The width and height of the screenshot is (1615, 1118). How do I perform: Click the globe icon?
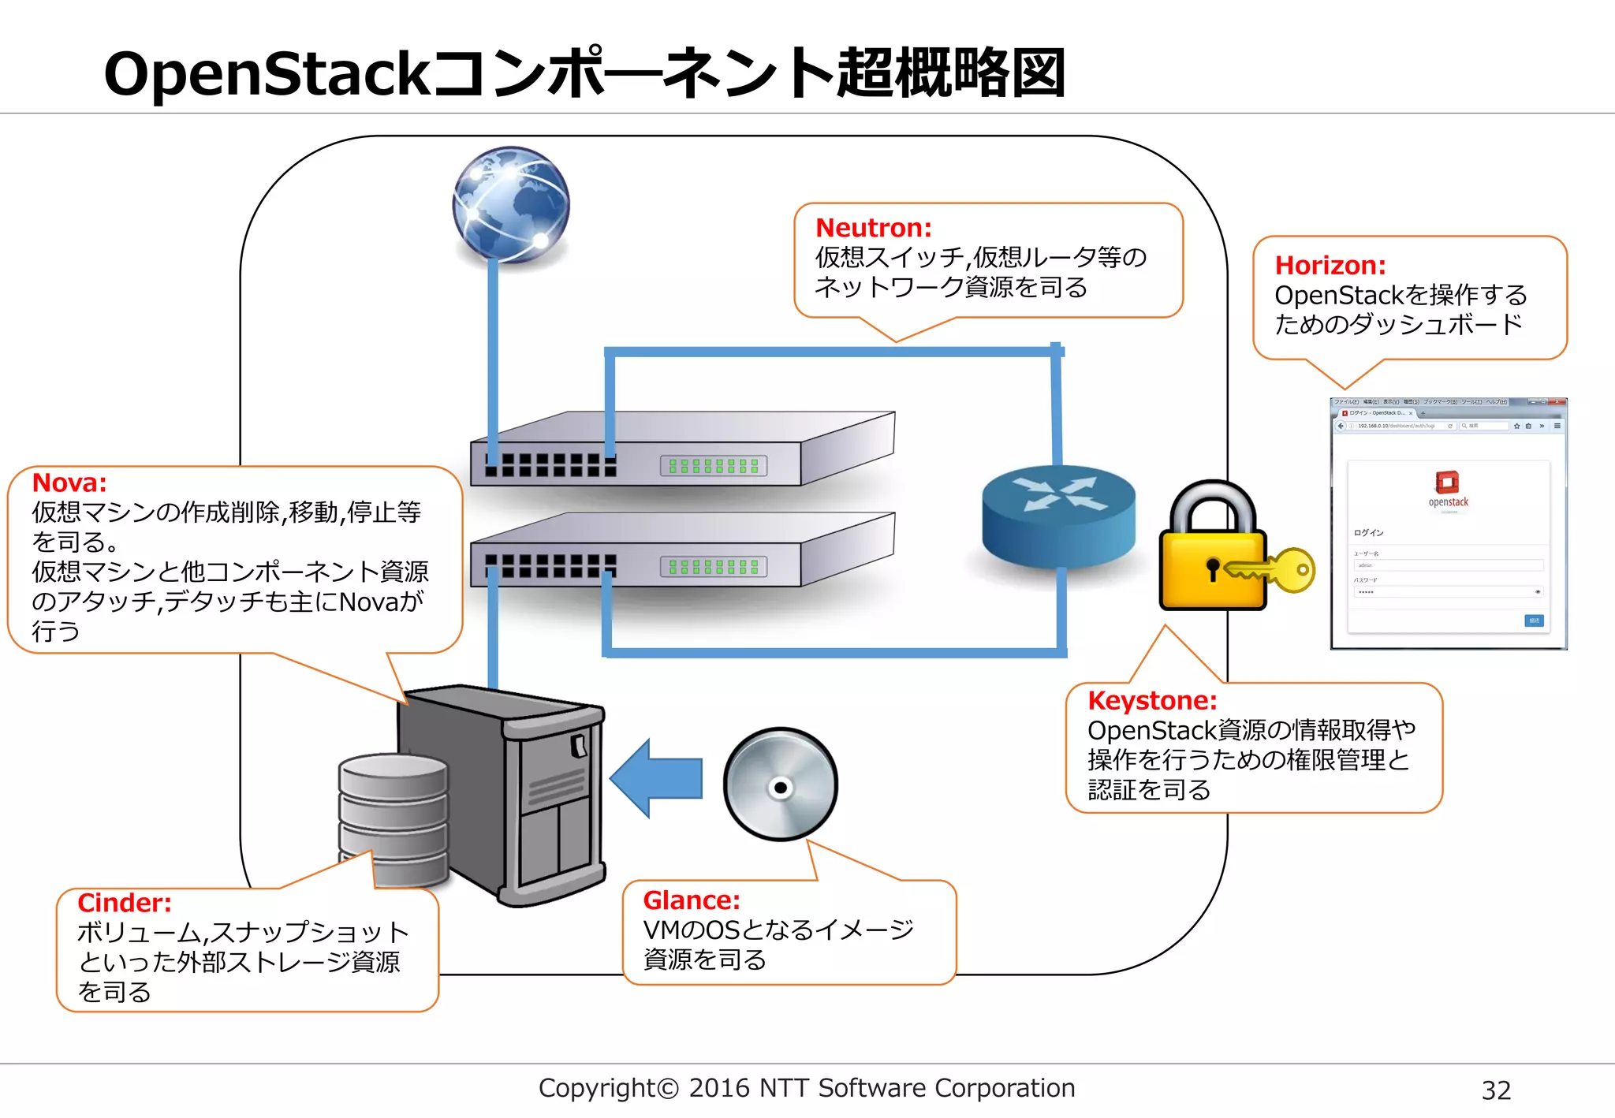coord(511,204)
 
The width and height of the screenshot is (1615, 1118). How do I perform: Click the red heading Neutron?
coord(873,228)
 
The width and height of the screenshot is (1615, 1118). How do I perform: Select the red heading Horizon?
coord(1330,266)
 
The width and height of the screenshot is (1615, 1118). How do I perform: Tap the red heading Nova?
coord(69,483)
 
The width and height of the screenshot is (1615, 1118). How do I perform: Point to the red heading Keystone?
coord(1151,700)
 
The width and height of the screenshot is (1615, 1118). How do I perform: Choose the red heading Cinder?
coord(124,903)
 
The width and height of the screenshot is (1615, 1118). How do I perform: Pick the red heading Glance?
coord(691,900)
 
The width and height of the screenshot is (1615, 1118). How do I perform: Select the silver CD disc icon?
coord(780,785)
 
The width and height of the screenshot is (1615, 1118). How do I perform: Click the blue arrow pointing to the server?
coord(656,778)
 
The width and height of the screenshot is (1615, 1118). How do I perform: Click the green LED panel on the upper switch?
coord(713,466)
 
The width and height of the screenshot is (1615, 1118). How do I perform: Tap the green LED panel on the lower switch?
coord(713,567)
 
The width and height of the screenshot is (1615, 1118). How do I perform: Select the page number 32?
coord(1495,1090)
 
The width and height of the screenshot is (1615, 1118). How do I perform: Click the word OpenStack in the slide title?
coord(266,74)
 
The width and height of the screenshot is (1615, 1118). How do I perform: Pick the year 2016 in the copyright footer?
coord(718,1088)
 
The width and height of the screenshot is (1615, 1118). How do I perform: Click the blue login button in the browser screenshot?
coord(1534,620)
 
